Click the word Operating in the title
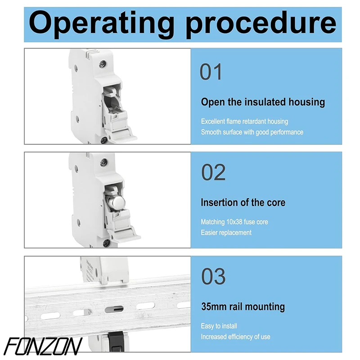[x=101, y=24]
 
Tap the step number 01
[x=211, y=72]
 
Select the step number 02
[x=213, y=172]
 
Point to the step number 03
[x=213, y=276]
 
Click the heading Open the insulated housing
[x=263, y=102]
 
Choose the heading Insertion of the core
[x=243, y=202]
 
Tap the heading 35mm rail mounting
[x=243, y=307]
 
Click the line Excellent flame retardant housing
[x=244, y=121]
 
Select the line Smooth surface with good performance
[x=252, y=132]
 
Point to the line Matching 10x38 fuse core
[x=234, y=222]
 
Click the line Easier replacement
[x=226, y=233]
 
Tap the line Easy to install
[x=219, y=326]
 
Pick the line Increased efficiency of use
[x=235, y=337]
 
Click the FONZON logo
[x=43, y=346]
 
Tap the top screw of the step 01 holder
[x=103, y=64]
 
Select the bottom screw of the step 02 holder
[x=106, y=243]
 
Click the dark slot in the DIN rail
[x=114, y=310]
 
